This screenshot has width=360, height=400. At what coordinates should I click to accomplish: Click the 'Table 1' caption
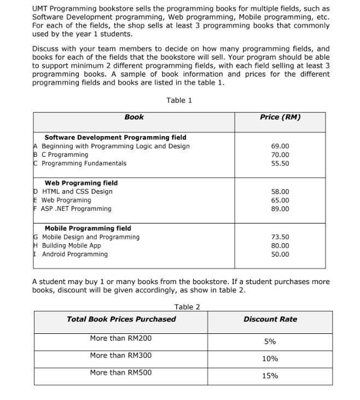tap(179, 100)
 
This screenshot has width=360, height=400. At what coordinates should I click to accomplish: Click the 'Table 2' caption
tap(187, 307)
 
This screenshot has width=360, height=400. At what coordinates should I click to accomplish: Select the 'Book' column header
tap(134, 117)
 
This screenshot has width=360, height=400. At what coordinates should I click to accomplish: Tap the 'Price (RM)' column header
tap(280, 117)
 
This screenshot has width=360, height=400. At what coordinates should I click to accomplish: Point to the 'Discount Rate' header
tap(270, 319)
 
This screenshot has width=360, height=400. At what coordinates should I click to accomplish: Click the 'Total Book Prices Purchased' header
tap(121, 319)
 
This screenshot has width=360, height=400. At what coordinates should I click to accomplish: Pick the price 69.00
tap(280, 146)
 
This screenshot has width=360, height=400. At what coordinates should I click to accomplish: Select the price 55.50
tap(280, 163)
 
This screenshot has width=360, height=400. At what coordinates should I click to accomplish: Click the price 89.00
tap(280, 209)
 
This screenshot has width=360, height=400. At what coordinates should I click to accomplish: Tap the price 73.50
tap(280, 237)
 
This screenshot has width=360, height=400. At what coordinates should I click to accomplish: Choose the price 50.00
tap(280, 254)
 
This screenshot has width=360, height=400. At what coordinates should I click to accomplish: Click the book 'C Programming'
tap(65, 155)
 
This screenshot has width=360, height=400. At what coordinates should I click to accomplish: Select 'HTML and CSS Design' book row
tap(77, 192)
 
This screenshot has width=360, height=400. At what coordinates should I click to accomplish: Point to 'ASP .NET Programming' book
tap(76, 209)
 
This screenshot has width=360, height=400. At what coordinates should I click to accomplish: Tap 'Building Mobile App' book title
tap(71, 246)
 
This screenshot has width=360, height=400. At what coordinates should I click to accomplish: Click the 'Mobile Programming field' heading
tap(88, 228)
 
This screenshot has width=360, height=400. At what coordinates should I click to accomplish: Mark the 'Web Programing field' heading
tap(81, 183)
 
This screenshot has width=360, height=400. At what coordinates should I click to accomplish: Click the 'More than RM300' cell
tap(121, 356)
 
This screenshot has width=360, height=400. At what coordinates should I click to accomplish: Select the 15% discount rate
tap(270, 376)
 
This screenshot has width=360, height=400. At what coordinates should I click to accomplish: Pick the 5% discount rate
tap(270, 342)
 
